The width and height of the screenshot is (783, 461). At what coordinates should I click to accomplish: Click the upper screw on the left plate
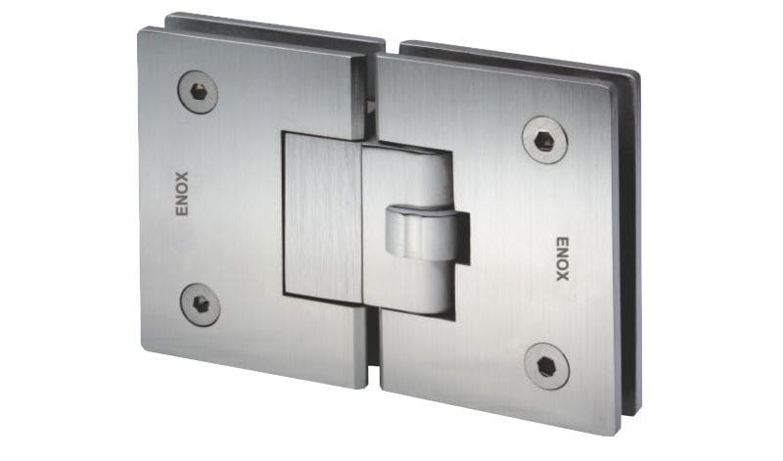click(x=199, y=92)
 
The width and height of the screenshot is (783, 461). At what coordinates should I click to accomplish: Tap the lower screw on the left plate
click(x=201, y=304)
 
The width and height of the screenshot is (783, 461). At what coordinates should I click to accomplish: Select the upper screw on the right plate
click(x=545, y=140)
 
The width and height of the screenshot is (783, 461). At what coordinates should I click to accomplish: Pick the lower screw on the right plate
click(x=547, y=367)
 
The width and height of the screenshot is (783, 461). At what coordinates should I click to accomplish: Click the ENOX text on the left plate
click(x=182, y=194)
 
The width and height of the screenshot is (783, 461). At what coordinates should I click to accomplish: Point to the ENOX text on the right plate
click(x=563, y=258)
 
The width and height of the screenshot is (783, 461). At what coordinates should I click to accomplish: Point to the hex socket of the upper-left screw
click(x=199, y=92)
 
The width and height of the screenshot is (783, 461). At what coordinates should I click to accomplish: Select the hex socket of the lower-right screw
click(x=547, y=367)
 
